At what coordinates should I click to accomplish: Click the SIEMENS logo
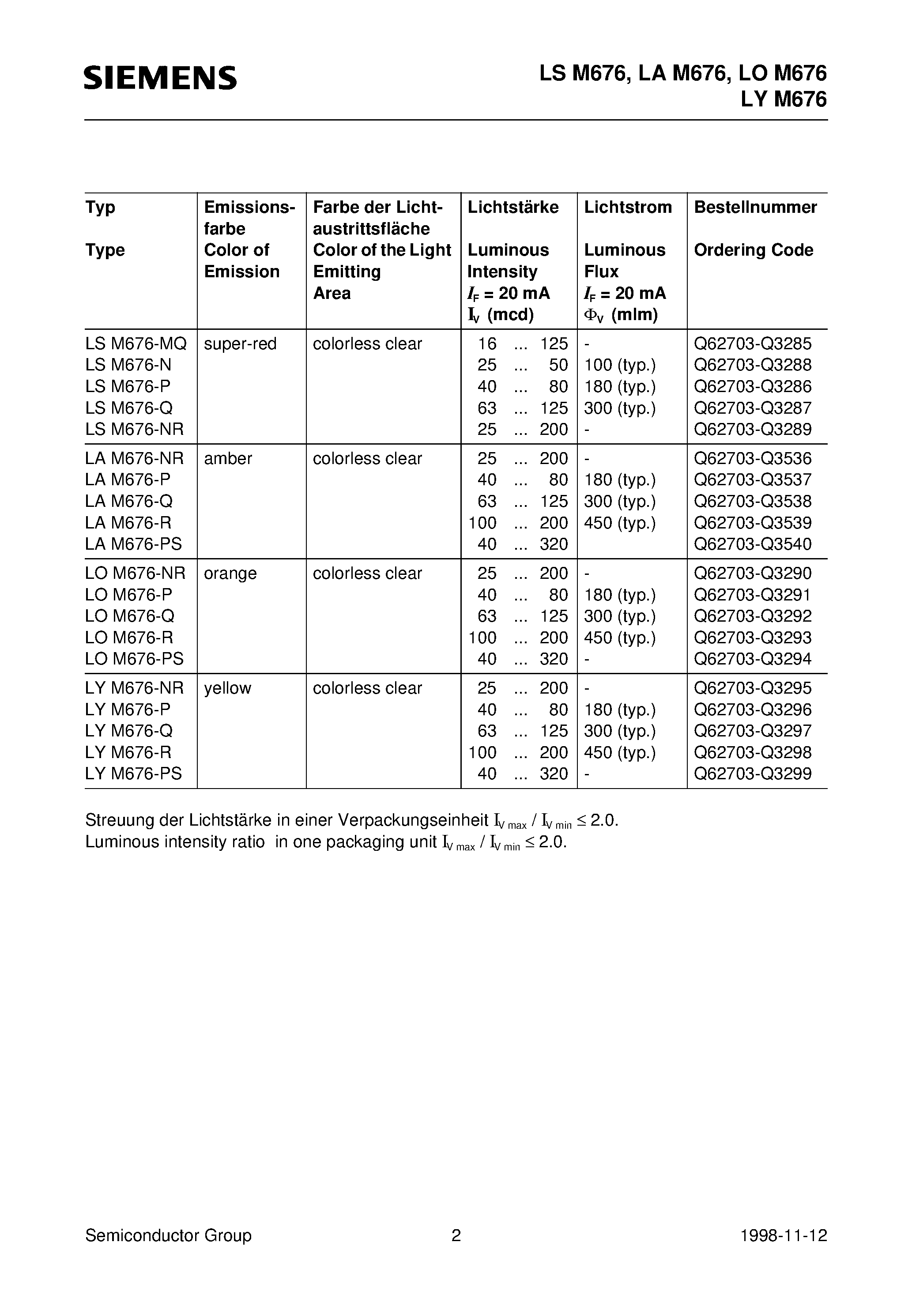click(x=160, y=78)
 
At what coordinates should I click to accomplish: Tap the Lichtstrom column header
click(x=627, y=207)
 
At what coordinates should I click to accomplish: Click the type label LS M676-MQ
click(x=136, y=344)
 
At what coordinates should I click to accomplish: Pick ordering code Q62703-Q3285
click(x=752, y=344)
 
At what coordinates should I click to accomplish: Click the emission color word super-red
click(x=240, y=344)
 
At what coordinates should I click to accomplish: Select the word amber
click(x=228, y=458)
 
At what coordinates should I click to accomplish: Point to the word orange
click(x=230, y=573)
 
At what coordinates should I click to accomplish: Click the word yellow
click(x=227, y=688)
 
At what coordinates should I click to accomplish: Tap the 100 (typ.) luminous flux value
click(x=620, y=365)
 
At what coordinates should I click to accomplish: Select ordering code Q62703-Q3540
click(x=752, y=544)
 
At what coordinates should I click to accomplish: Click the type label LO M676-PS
click(x=134, y=658)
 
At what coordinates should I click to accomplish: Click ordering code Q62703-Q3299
click(x=752, y=773)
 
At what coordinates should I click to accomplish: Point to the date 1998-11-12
click(x=783, y=1235)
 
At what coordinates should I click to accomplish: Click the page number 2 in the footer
click(x=456, y=1235)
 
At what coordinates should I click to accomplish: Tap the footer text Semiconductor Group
click(x=168, y=1235)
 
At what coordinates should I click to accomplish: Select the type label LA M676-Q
click(x=129, y=501)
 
